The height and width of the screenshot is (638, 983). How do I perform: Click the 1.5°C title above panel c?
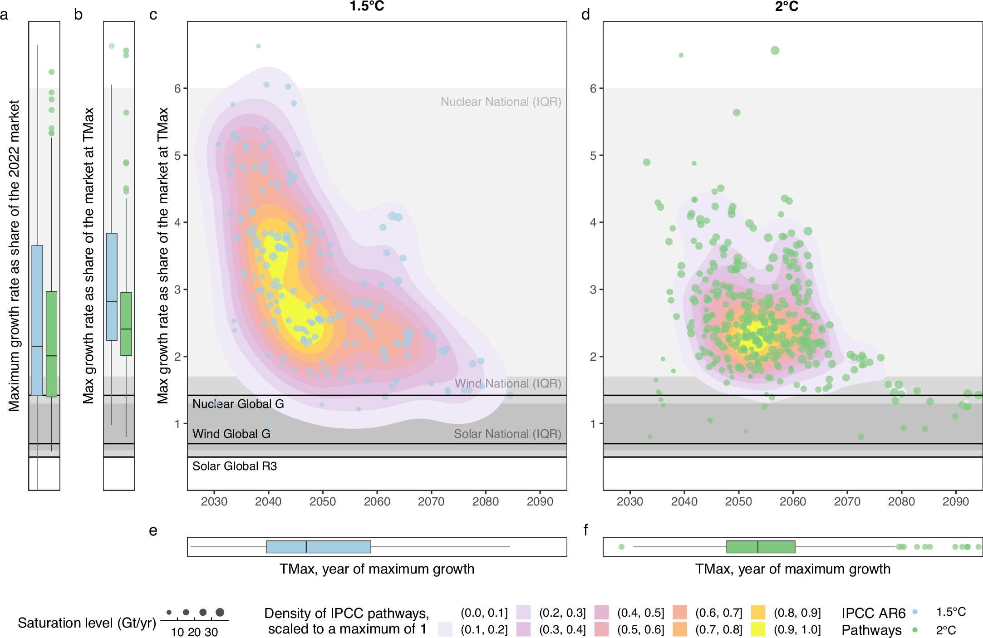367,6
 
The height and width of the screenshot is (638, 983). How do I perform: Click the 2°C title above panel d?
786,6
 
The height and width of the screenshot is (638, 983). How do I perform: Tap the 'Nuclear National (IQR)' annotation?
501,102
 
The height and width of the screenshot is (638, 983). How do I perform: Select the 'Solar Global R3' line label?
234,466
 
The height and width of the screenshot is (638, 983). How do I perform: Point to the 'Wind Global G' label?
231,434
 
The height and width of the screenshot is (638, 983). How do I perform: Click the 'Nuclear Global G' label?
238,404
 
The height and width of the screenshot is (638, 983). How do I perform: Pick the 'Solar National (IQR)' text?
507,434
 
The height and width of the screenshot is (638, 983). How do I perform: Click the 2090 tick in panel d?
955,501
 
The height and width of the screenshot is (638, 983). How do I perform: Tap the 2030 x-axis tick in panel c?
214,501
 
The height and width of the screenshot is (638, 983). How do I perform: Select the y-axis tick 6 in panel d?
593,88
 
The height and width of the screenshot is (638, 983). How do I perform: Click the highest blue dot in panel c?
258,46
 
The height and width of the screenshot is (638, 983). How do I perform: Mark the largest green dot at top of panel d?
775,50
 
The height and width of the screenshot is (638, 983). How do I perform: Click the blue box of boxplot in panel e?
318,547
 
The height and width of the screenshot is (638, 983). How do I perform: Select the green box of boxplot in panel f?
761,547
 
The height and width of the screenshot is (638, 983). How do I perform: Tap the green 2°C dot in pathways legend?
915,630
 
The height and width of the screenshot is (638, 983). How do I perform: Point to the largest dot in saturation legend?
220,613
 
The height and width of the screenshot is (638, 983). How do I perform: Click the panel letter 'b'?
78,15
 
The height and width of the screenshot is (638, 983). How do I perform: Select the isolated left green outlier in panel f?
621,547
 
